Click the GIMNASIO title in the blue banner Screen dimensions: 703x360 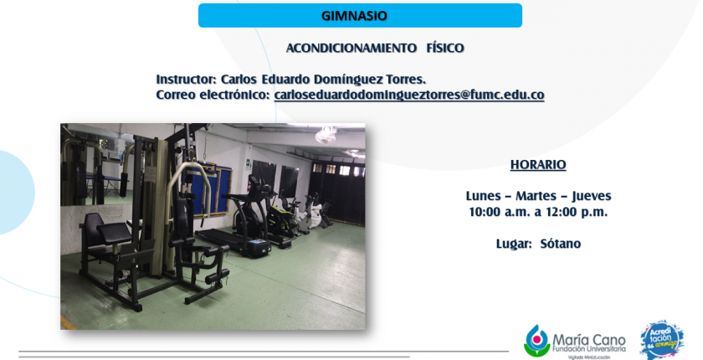pos(354,16)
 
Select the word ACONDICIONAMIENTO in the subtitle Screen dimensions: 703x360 pos(351,48)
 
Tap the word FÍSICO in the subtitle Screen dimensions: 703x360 pos(445,48)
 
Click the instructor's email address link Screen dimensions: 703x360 pos(409,95)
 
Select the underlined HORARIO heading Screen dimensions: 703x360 pos(538,165)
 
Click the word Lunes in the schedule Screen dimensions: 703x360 pos(484,196)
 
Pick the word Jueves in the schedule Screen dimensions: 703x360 pos(592,196)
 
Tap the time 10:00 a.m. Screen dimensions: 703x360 pos(499,212)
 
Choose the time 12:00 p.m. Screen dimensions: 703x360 pos(577,212)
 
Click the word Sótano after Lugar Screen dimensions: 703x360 pos(561,244)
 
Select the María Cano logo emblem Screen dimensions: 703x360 pos(536,341)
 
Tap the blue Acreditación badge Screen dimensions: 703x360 pos(662,340)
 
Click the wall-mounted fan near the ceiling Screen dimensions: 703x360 pos(326,136)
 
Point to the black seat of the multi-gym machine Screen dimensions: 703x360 pos(114,232)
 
